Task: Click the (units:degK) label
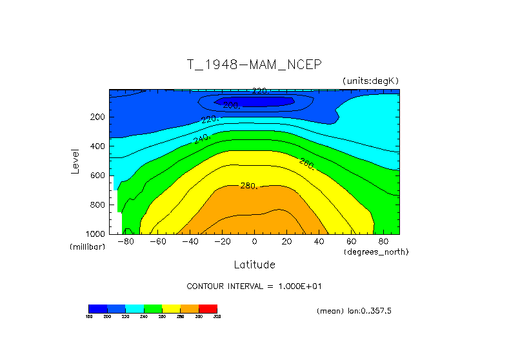(371, 80)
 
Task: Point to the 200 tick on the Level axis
(97, 117)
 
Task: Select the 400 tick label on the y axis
(97, 146)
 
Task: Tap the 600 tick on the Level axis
(97, 175)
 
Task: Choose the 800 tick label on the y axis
(97, 205)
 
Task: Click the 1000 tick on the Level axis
(95, 234)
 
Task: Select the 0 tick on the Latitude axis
(254, 242)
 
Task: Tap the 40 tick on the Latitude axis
(319, 242)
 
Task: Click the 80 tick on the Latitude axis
(383, 242)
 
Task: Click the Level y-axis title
(76, 161)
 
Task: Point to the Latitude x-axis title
(254, 265)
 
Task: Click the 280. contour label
(249, 186)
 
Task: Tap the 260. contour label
(307, 164)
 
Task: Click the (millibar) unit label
(87, 247)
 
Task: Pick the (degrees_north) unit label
(377, 251)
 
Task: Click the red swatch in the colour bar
(208, 308)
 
